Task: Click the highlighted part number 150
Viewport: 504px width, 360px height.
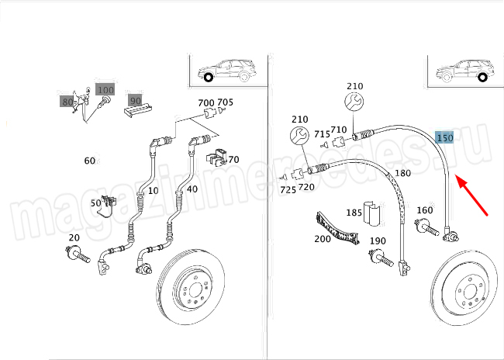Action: coord(444,138)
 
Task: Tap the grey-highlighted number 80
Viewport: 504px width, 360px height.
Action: coord(67,102)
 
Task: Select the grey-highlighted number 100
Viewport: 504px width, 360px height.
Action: coord(105,90)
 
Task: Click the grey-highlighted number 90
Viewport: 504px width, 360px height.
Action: coord(135,100)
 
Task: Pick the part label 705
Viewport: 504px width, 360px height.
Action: coord(225,102)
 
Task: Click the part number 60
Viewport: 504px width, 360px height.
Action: coord(89,161)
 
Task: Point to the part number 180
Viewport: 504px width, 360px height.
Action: coord(403,173)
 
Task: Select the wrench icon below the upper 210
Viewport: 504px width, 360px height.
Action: coord(353,102)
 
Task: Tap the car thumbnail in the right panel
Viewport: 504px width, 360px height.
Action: coord(464,73)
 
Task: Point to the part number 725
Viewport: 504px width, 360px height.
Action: coord(288,189)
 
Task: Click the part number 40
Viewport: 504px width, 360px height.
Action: coord(192,189)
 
